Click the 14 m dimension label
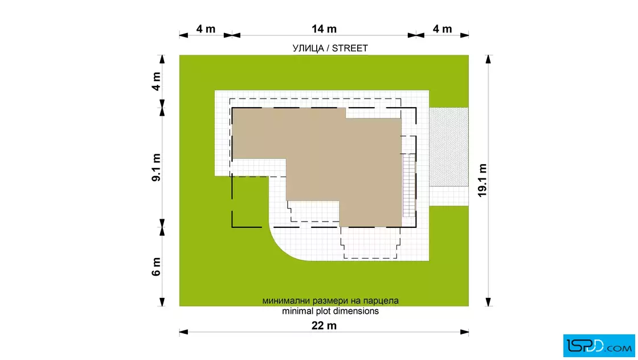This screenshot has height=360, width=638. (324, 29)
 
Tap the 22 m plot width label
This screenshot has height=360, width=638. (324, 325)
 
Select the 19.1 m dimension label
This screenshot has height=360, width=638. (482, 181)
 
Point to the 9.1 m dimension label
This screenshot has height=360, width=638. (156, 167)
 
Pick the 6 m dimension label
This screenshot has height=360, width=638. (156, 267)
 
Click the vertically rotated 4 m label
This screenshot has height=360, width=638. (156, 81)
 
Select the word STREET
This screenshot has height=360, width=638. (350, 48)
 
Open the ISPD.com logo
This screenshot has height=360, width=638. (599, 346)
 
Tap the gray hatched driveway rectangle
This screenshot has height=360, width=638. (449, 147)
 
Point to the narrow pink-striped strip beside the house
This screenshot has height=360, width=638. (408, 185)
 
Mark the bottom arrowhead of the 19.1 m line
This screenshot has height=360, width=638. (488, 302)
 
